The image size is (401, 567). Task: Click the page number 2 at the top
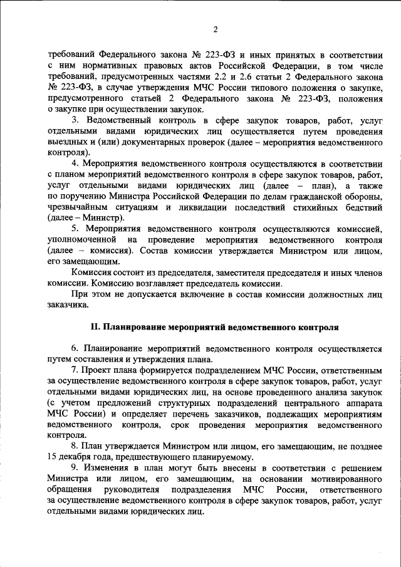pos(215,29)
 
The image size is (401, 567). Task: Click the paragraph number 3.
pos(76,119)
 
